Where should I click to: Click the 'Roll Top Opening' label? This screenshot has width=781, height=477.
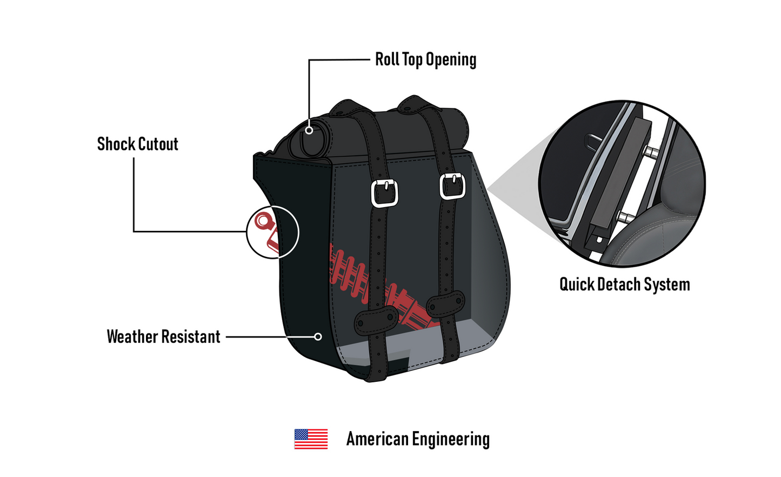[x=425, y=59]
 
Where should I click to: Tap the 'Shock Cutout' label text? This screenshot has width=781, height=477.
[x=138, y=144]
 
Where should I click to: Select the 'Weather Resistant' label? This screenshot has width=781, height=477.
[x=164, y=337]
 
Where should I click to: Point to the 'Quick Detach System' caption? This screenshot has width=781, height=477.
[x=624, y=284]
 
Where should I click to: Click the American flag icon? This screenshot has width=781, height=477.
[x=311, y=439]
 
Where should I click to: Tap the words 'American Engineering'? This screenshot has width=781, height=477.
[x=418, y=439]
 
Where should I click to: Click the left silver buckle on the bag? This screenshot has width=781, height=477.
[x=385, y=193]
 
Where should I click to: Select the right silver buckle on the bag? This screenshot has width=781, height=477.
[x=452, y=187]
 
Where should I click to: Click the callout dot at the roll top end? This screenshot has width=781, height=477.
[x=309, y=130]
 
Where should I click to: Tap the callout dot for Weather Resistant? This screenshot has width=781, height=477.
[x=318, y=337]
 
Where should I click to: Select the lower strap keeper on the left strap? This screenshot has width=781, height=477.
[x=376, y=320]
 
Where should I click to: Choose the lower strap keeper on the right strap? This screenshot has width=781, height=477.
[x=446, y=304]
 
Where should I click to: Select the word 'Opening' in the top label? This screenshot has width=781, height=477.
[x=451, y=60]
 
